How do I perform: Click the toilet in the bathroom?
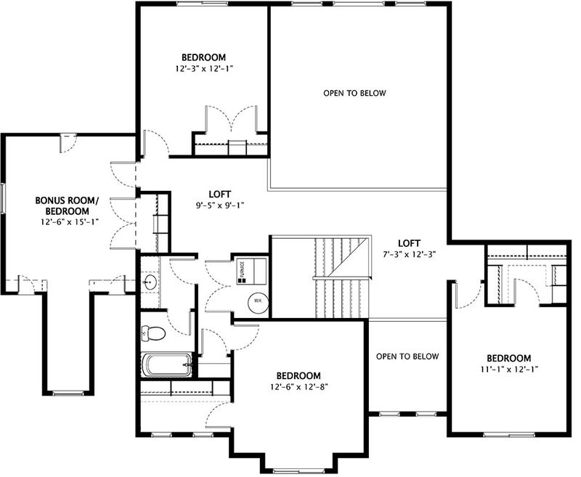(x=153, y=333)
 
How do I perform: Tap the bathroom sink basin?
(x=151, y=282)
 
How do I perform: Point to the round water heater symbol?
(x=258, y=299)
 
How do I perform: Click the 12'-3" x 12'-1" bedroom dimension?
(x=203, y=68)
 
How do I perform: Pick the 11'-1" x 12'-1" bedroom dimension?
(x=508, y=370)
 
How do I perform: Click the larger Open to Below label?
(x=355, y=94)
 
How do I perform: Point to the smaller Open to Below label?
(x=408, y=356)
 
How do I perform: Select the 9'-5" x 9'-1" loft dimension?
(x=219, y=205)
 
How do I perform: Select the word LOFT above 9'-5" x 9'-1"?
(x=219, y=195)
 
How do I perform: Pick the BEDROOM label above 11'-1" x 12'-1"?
(x=508, y=359)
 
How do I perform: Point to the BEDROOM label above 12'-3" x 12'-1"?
(x=203, y=57)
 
